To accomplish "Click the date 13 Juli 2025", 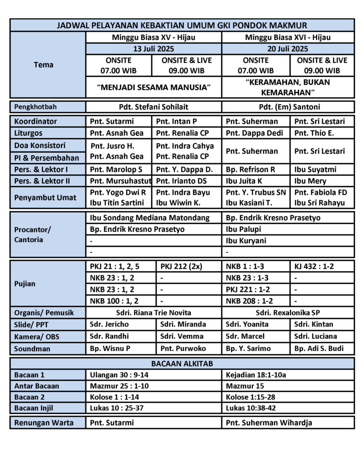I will [153, 49].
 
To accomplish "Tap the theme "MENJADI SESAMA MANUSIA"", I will [153, 87].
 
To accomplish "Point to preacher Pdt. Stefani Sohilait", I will [153, 108].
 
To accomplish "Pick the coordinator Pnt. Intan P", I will [177, 121].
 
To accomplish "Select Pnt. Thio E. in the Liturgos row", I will [314, 133].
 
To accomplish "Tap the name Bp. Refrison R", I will [250, 169].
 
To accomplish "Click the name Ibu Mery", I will [310, 181].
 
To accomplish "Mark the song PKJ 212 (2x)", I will [182, 266].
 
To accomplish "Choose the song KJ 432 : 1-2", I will [314, 266].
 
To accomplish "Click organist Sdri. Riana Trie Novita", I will [153, 313].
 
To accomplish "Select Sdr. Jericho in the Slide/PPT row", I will [109, 324].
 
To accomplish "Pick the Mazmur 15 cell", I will [245, 386].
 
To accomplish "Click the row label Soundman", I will [32, 348].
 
